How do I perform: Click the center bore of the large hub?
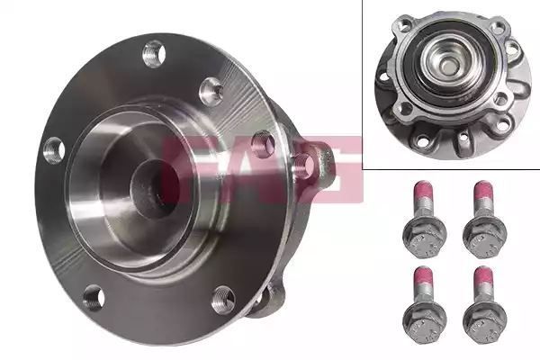click(x=155, y=187)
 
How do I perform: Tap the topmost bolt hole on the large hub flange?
click(x=154, y=54)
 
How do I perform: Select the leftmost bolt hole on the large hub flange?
click(x=54, y=150)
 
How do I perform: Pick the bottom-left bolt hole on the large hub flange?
click(x=94, y=298)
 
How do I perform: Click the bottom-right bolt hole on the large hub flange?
click(x=223, y=300)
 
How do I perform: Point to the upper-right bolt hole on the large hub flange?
click(x=211, y=91)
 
